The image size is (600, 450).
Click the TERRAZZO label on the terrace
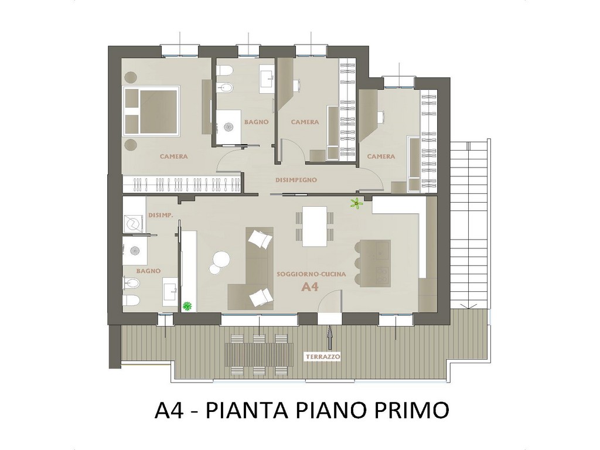323,357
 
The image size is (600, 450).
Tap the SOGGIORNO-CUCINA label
311,274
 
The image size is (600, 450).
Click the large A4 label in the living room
310,287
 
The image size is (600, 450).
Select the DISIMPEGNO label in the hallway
296,180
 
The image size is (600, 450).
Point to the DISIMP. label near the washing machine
161,216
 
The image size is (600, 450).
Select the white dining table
315,227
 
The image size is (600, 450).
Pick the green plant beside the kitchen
357,203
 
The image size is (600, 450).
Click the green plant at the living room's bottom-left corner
187,306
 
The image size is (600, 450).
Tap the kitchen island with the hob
374,264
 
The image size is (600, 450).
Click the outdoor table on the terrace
260,354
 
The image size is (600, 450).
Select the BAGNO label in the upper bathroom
257,122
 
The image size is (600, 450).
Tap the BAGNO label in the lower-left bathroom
148,271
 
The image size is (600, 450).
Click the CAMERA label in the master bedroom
173,156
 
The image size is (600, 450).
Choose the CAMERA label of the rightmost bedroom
381,156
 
